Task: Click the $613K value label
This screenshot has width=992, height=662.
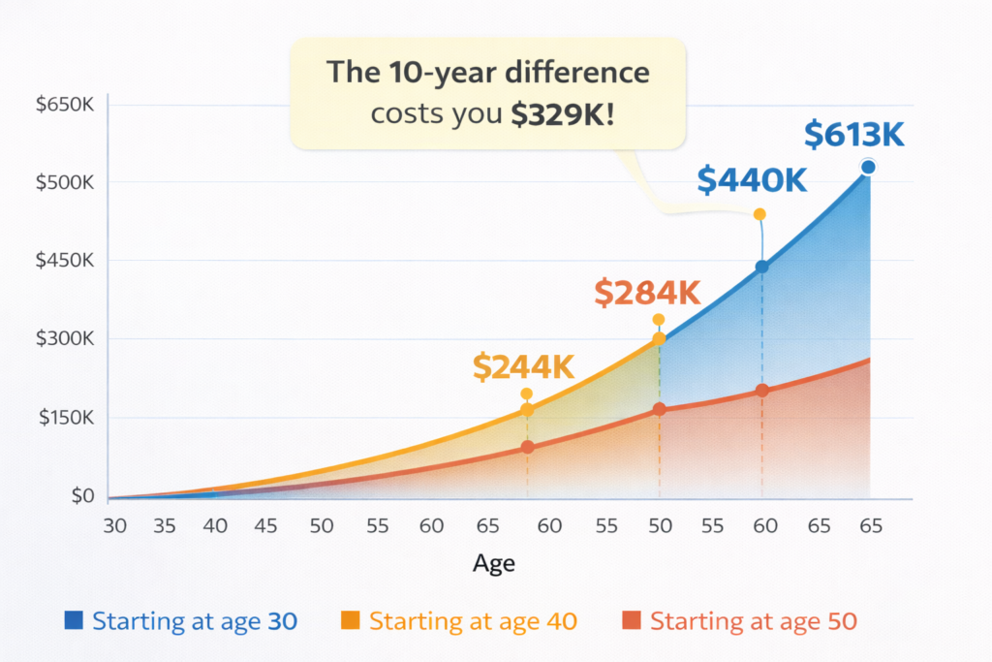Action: click(x=854, y=136)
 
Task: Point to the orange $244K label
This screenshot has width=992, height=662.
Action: click(x=524, y=367)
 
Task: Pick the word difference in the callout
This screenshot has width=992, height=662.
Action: click(x=584, y=73)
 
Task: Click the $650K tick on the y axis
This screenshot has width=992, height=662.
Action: click(x=64, y=105)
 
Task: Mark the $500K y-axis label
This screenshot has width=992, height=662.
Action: click(x=64, y=182)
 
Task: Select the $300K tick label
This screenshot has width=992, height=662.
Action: click(x=64, y=339)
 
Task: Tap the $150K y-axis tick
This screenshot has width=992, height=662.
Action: click(x=64, y=418)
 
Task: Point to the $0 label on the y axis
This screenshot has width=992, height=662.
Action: click(x=81, y=496)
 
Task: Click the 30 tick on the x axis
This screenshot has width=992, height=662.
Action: click(x=114, y=526)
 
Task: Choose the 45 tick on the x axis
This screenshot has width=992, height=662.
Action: click(x=266, y=526)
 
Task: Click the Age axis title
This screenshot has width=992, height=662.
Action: click(x=494, y=563)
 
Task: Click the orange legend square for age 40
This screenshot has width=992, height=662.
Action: click(x=351, y=619)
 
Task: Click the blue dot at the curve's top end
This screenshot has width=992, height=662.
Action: click(x=868, y=168)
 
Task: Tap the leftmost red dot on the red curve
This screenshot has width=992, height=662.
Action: click(x=527, y=447)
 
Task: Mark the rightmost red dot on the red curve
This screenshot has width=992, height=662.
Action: click(x=762, y=391)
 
